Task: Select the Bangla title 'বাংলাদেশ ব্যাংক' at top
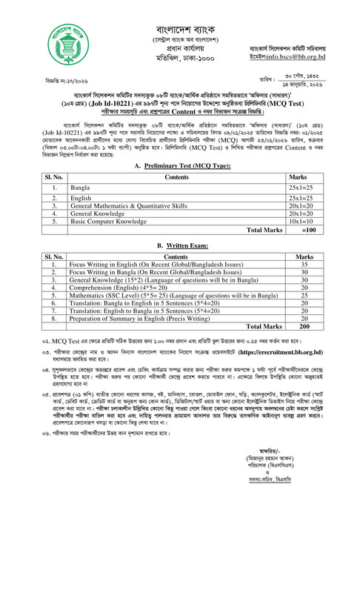[x=181, y=13]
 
